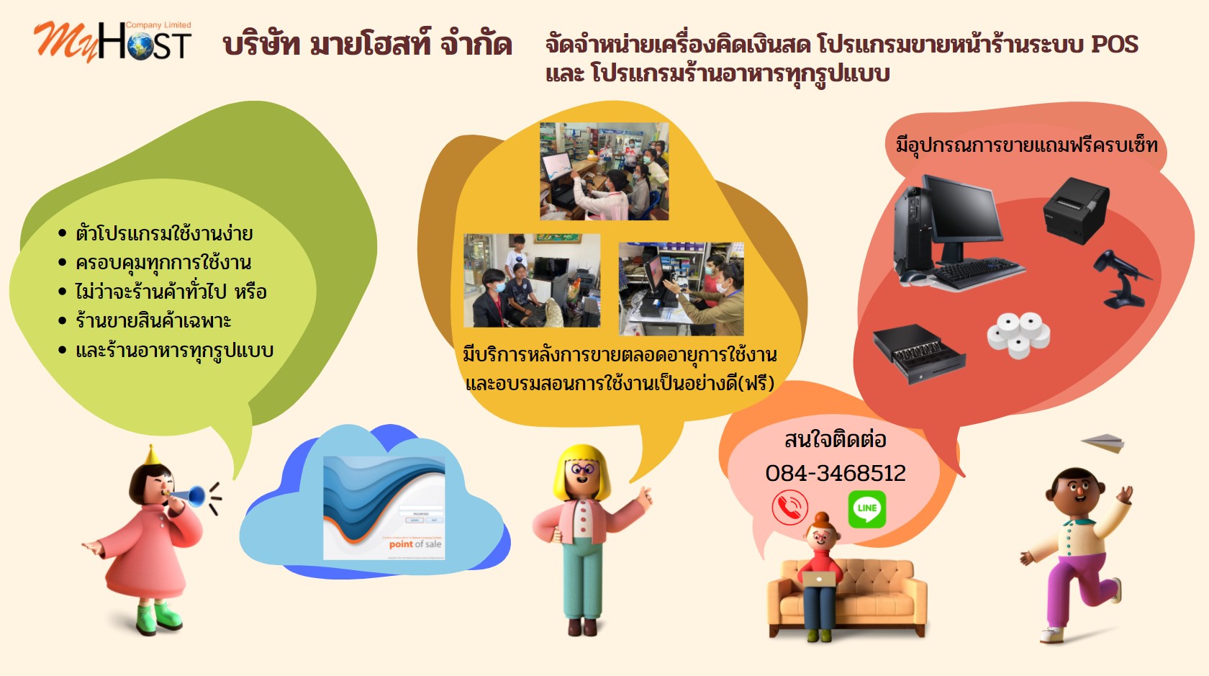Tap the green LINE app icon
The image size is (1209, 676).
click(x=866, y=508)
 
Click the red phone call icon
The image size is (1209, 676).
click(x=789, y=508)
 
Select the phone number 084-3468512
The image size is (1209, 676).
click(x=836, y=473)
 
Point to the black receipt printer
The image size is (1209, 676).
click(x=1076, y=209)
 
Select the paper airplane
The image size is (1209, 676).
click(x=1103, y=442)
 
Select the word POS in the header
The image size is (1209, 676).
click(x=1114, y=45)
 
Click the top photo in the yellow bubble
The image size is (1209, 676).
click(x=604, y=171)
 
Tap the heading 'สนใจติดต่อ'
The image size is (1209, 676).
click(x=835, y=439)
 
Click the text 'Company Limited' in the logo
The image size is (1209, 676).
click(x=158, y=25)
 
